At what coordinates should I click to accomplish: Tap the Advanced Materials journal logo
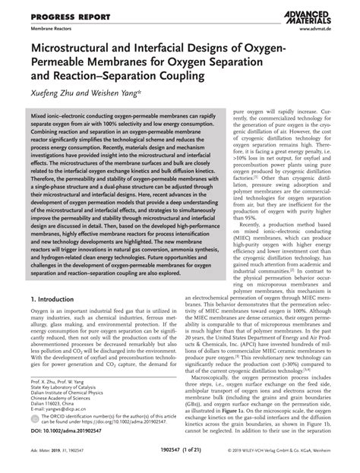click(x=315, y=14)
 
